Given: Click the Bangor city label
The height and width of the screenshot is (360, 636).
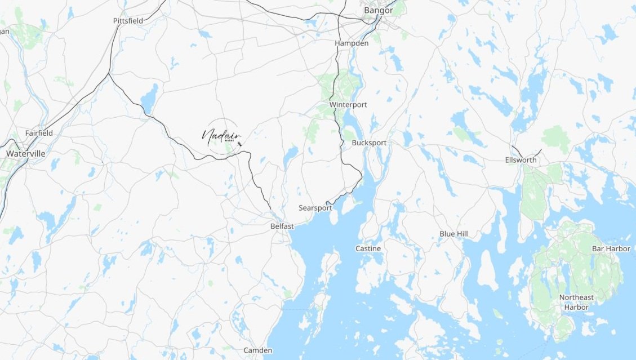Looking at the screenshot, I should (378, 10).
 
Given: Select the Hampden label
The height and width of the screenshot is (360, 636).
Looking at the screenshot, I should (351, 43).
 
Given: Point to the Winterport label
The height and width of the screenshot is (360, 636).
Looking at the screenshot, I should (348, 105).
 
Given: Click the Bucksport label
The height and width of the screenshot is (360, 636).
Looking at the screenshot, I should (369, 143).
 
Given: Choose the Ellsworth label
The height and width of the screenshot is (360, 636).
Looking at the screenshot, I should (520, 161).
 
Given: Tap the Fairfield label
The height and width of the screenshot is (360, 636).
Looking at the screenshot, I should (39, 133).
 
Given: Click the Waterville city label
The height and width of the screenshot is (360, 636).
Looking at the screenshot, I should (26, 153).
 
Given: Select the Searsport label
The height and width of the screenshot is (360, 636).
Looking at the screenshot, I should (315, 208).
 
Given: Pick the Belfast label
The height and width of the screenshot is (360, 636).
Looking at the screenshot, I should (282, 226).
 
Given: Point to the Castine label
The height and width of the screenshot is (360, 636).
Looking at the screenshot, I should (368, 248).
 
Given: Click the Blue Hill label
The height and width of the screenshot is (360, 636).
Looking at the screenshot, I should (453, 233).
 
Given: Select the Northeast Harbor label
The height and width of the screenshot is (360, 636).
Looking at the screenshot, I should (576, 302).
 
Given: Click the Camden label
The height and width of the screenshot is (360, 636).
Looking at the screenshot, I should (257, 350).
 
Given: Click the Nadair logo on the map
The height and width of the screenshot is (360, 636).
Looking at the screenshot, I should (222, 136).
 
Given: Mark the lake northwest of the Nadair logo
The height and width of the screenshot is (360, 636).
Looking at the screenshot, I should (149, 98).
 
